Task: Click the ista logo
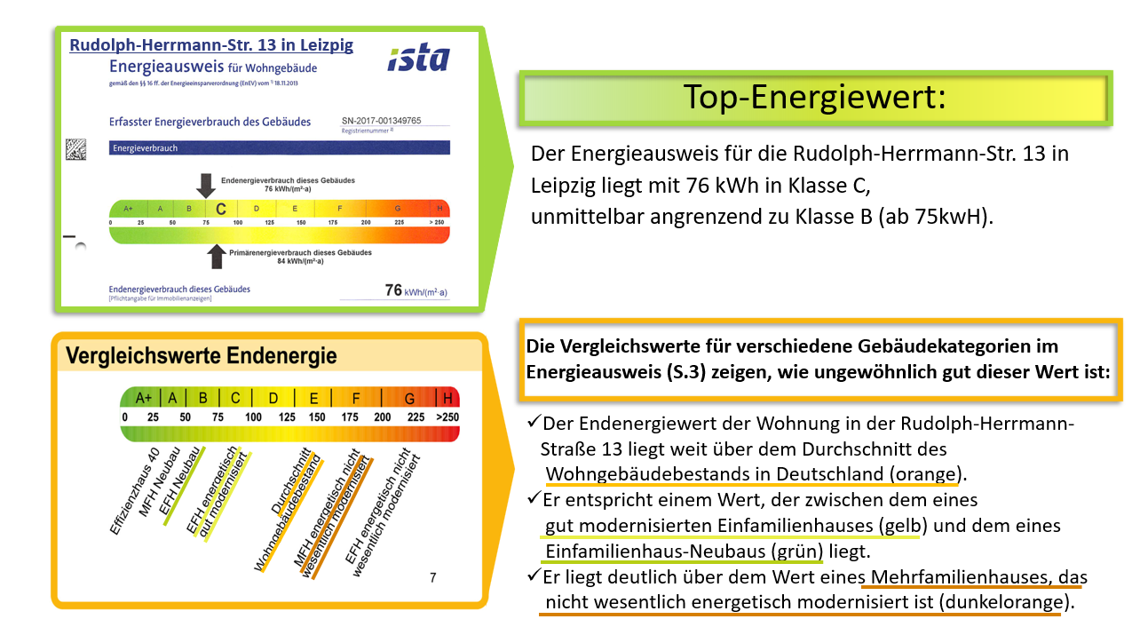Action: (x=418, y=59)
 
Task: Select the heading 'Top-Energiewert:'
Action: (x=814, y=97)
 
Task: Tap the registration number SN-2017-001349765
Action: (x=381, y=120)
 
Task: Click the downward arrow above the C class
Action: (x=206, y=184)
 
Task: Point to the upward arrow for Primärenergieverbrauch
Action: (x=217, y=256)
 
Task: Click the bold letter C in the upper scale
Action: (x=221, y=209)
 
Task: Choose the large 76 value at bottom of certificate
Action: (x=393, y=290)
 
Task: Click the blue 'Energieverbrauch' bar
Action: (x=279, y=148)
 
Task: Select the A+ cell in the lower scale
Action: (x=144, y=397)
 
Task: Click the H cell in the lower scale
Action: (x=447, y=397)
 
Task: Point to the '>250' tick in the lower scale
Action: (x=447, y=417)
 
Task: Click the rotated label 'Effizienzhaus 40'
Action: (x=134, y=491)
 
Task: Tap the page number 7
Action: (x=432, y=578)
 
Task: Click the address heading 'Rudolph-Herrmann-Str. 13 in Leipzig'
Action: (x=211, y=45)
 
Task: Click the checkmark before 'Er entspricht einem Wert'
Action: (x=534, y=498)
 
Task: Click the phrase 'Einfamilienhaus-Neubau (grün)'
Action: (x=685, y=551)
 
